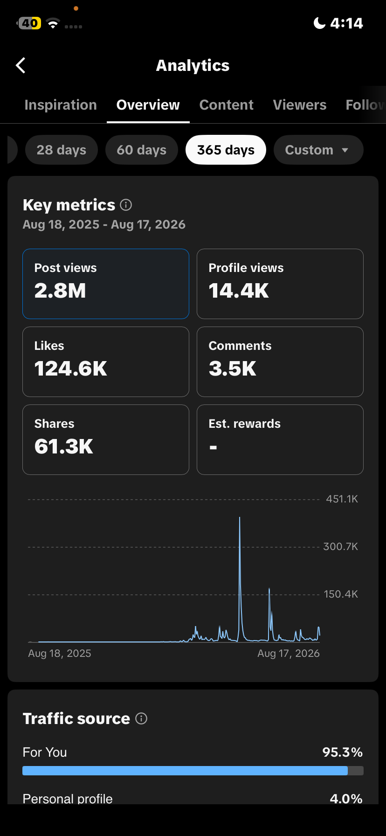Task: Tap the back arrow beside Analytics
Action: [x=21, y=66]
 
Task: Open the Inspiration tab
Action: [x=61, y=105]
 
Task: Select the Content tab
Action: [x=227, y=105]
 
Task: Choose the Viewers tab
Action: [x=300, y=105]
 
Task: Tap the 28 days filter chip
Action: [x=62, y=150]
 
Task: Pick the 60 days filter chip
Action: [x=142, y=150]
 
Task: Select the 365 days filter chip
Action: [x=226, y=150]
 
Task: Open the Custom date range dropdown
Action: [x=318, y=150]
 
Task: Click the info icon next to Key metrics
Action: [x=126, y=205]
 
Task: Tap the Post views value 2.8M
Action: [x=60, y=291]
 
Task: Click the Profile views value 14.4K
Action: [x=239, y=291]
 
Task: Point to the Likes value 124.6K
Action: [x=71, y=369]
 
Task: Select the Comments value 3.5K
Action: [x=233, y=369]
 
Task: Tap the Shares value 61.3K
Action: [x=64, y=446]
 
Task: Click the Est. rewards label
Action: [x=245, y=424]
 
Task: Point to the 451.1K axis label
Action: [x=342, y=499]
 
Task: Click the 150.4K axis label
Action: [x=341, y=594]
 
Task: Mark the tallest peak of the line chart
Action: [x=240, y=517]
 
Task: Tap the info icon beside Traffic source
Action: [x=141, y=718]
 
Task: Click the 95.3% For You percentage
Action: [x=343, y=752]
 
